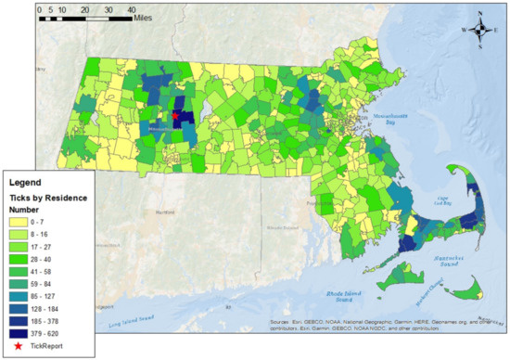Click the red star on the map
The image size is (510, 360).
point(175,116)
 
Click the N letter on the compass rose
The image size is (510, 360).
point(481,13)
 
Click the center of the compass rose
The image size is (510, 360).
point(481,30)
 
